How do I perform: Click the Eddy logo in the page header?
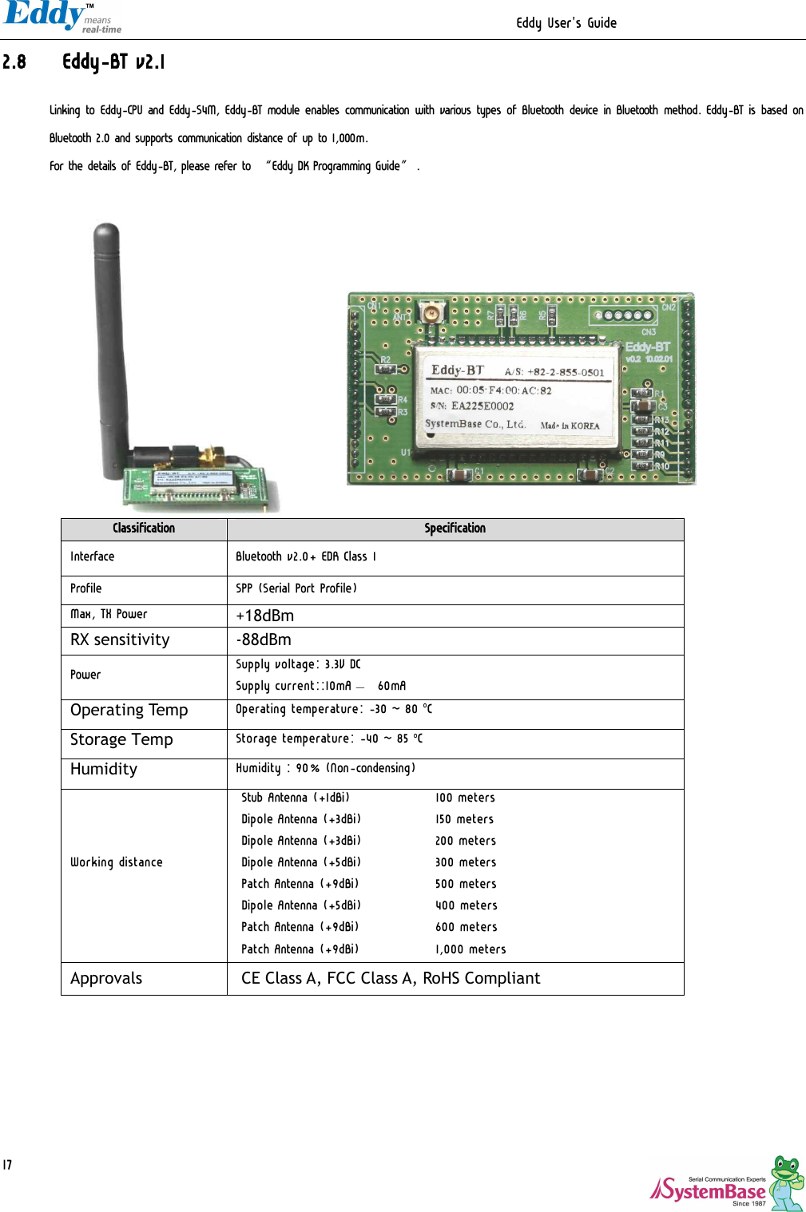[x=56, y=16]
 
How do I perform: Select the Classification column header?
[x=144, y=529]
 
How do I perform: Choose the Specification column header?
[x=455, y=529]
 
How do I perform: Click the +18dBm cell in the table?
[x=264, y=616]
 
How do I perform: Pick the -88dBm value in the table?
[x=264, y=640]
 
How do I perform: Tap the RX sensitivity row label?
[x=120, y=640]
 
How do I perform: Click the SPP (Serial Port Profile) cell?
[x=296, y=588]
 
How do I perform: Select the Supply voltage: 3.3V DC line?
[x=298, y=664]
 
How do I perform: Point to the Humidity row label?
[x=104, y=769]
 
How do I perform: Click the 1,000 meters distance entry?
[x=470, y=949]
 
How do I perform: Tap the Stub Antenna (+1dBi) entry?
[x=295, y=798]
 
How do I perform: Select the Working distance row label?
[x=117, y=862]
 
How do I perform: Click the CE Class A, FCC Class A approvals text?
[x=391, y=978]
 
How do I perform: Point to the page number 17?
[x=7, y=1165]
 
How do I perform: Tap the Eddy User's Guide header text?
[x=566, y=23]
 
